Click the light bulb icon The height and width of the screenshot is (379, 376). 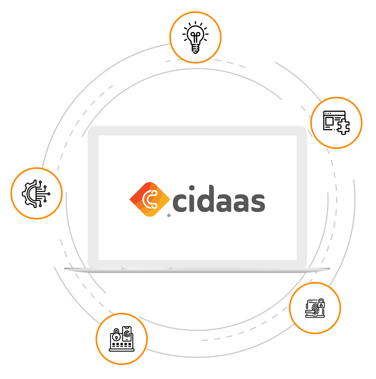pos(195,37)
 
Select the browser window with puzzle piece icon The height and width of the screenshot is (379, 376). pos(336,123)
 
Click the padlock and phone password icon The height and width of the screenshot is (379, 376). pos(122,339)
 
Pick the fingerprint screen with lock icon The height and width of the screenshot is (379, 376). pos(315,308)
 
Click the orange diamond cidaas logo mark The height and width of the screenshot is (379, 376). pos(150,200)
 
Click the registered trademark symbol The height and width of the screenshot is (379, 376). pos(169,215)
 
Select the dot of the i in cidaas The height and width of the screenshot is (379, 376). pos(192,188)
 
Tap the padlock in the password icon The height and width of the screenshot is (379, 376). pos(116,335)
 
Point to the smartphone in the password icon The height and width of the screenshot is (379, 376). pos(127,333)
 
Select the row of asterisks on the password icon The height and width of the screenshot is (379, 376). pos(122,345)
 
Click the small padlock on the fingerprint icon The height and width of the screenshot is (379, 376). pos(321,304)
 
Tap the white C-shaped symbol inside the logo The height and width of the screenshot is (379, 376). pos(150,200)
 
